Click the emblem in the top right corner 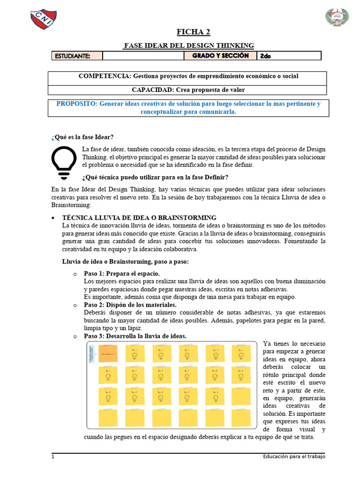click(x=337, y=17)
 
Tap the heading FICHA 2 click(x=193, y=32)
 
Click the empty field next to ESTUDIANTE click(x=143, y=56)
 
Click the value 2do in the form click(x=265, y=56)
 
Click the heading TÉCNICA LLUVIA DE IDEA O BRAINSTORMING click(x=139, y=217)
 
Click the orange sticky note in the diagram click(x=108, y=354)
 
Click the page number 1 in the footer click(x=53, y=457)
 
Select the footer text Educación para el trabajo click(x=293, y=457)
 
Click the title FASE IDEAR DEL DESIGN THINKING click(x=188, y=45)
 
